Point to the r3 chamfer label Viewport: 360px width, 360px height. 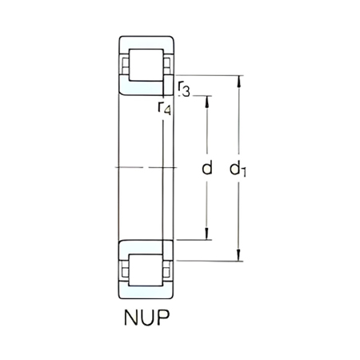pos(184,88)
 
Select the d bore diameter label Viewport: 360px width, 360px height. pos(206,168)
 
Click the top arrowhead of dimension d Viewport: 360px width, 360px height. pos(207,99)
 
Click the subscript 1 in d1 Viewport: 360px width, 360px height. pos(245,172)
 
